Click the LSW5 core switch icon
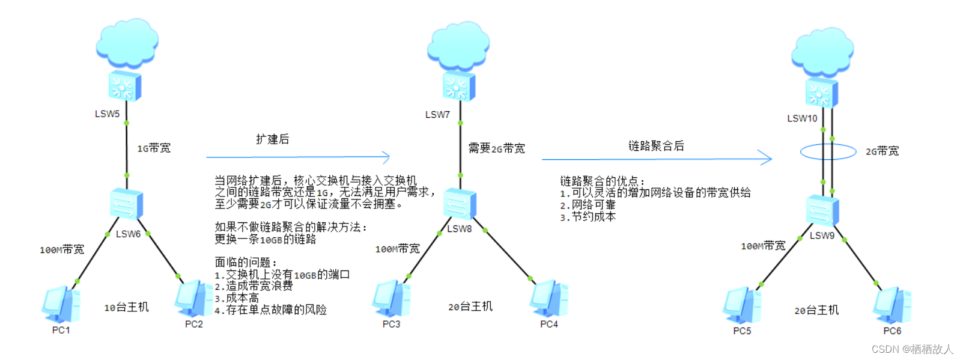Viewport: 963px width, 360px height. pyautogui.click(x=125, y=86)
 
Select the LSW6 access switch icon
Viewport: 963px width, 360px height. pyautogui.click(x=127, y=204)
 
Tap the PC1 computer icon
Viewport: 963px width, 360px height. pyautogui.click(x=61, y=305)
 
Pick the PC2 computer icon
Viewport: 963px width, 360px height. pyautogui.click(x=193, y=299)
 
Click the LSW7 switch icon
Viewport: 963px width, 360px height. pyautogui.click(x=459, y=86)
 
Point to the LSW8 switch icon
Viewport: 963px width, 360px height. pyautogui.click(x=460, y=204)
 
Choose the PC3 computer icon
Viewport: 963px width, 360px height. pyautogui.click(x=391, y=299)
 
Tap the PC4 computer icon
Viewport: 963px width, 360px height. pyautogui.click(x=548, y=299)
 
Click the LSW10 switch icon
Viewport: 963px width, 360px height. pyautogui.click(x=821, y=93)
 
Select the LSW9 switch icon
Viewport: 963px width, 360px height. pyautogui.click(x=822, y=211)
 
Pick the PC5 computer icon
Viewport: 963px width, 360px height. pyautogui.click(x=742, y=305)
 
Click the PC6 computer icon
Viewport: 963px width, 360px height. pyautogui.click(x=892, y=305)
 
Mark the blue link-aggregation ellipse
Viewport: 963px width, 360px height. pyautogui.click(x=828, y=151)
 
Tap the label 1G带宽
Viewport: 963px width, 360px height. pyautogui.click(x=154, y=148)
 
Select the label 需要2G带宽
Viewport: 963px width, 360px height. pyautogui.click(x=496, y=148)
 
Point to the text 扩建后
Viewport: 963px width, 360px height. pyautogui.click(x=273, y=139)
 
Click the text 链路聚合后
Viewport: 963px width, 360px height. pyautogui.click(x=656, y=146)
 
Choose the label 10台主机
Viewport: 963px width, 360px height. pyautogui.click(x=126, y=307)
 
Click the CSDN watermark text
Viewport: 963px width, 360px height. pyautogui.click(x=912, y=349)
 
